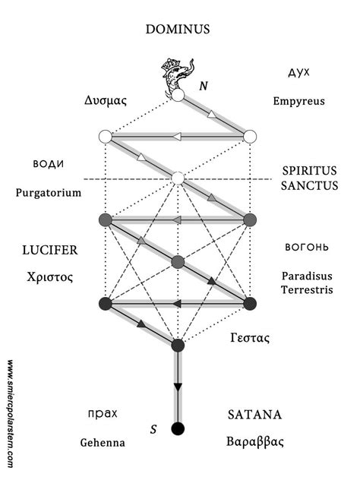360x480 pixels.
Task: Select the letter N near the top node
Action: pyautogui.click(x=202, y=86)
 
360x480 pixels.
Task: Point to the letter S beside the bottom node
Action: pyautogui.click(x=153, y=429)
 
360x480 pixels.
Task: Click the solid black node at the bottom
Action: pyautogui.click(x=178, y=429)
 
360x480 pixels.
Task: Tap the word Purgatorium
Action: pyautogui.click(x=48, y=193)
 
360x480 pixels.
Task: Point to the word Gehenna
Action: pyautogui.click(x=103, y=442)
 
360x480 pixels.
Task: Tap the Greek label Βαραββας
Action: pyautogui.click(x=256, y=441)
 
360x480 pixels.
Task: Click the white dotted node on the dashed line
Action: pyautogui.click(x=178, y=178)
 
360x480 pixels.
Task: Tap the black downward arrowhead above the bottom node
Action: pyautogui.click(x=178, y=387)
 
